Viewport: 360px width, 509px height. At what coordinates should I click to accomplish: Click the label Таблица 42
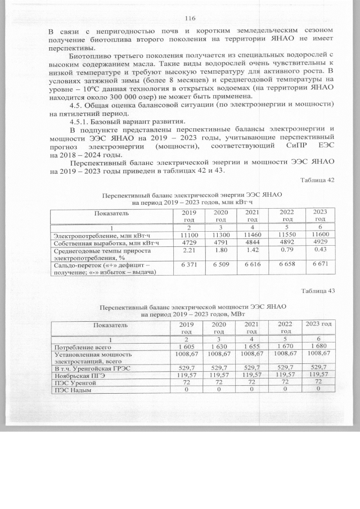pos(318,180)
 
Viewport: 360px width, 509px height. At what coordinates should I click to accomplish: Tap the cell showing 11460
pos(252,234)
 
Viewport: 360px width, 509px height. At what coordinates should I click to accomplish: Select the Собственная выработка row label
pos(102,242)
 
